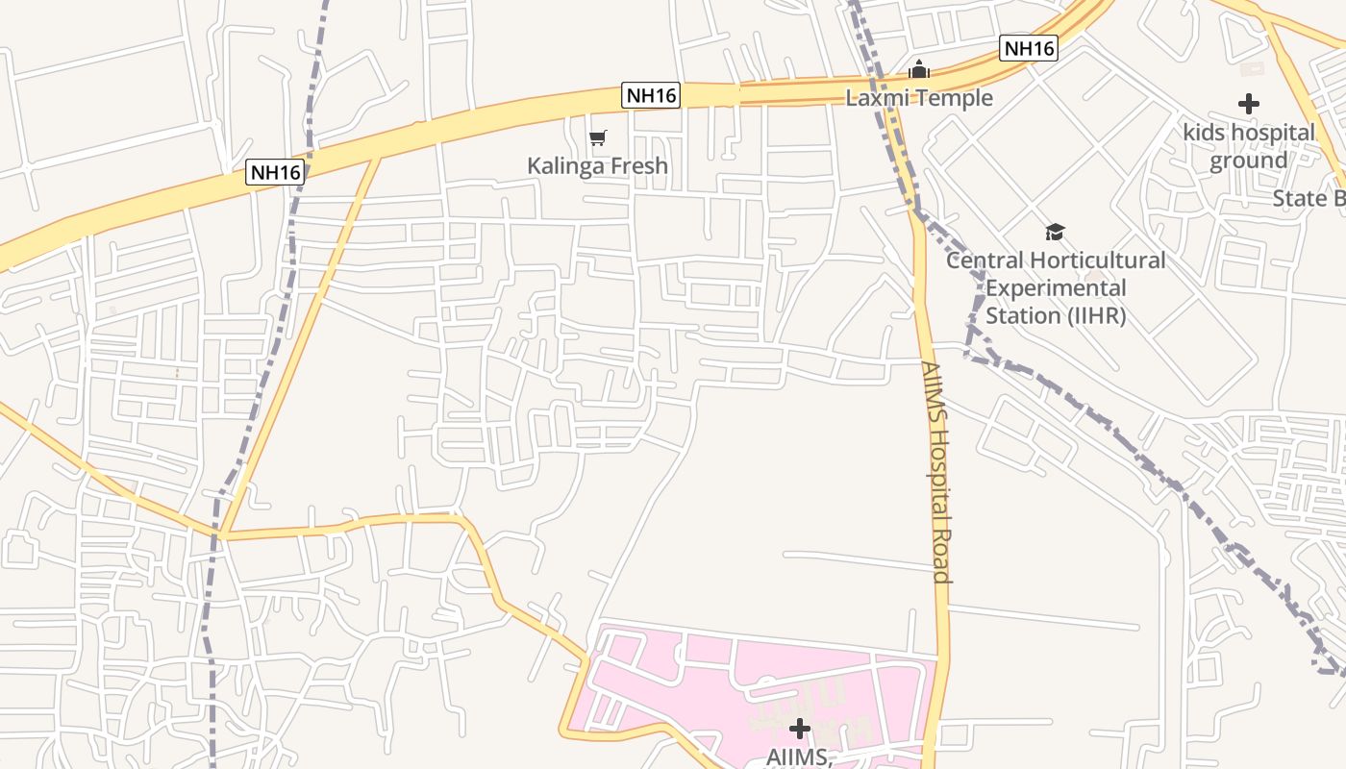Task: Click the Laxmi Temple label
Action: (919, 97)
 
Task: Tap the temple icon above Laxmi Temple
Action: (919, 69)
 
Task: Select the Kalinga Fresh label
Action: (597, 165)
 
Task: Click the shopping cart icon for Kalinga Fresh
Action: (597, 138)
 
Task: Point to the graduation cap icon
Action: (1055, 232)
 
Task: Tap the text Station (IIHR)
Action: (1055, 315)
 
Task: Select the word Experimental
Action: (1055, 287)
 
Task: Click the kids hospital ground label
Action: (1248, 146)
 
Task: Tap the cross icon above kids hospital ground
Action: (1248, 104)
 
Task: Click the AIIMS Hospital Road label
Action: (935, 471)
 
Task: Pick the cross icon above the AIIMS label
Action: (799, 729)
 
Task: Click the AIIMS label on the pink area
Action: (798, 757)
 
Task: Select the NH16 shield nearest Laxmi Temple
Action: (1028, 48)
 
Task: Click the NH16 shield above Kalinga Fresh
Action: (651, 95)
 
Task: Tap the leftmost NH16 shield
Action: (275, 172)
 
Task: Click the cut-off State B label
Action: (1308, 199)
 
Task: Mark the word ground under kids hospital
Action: (1248, 161)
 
